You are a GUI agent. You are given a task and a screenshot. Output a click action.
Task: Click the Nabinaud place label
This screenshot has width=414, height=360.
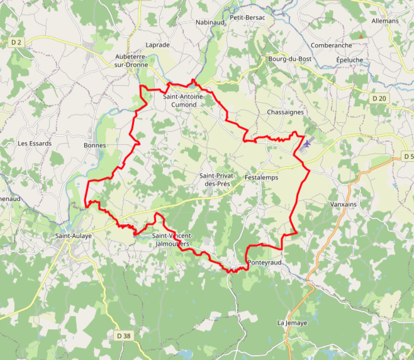210,22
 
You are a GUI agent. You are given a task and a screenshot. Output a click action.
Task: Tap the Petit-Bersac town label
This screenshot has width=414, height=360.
247,18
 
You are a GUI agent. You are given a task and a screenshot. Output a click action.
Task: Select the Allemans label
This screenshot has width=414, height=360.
385,21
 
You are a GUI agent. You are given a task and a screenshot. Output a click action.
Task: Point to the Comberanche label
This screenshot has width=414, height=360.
331,46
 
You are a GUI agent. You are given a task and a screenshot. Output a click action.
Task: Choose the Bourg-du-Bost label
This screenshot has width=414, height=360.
290,59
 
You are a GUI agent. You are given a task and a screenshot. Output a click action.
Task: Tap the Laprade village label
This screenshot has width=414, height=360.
157,45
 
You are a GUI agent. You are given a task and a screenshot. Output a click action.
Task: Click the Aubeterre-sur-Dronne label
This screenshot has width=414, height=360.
131,60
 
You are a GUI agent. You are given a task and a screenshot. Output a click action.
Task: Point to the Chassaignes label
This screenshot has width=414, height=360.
285,112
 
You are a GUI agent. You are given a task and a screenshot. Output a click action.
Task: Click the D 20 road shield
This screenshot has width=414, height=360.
379,98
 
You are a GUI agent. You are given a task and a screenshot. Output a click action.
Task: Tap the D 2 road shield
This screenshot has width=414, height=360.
16,42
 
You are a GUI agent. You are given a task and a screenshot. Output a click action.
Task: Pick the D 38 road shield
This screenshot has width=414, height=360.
124,336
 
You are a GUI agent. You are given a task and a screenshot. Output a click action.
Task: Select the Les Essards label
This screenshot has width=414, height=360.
34,143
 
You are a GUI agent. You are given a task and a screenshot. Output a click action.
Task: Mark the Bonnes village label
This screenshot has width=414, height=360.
95,145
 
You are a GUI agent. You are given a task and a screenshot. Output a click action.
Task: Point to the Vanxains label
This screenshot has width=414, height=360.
343,205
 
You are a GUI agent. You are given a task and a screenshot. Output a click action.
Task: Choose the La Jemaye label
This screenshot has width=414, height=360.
292,323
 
